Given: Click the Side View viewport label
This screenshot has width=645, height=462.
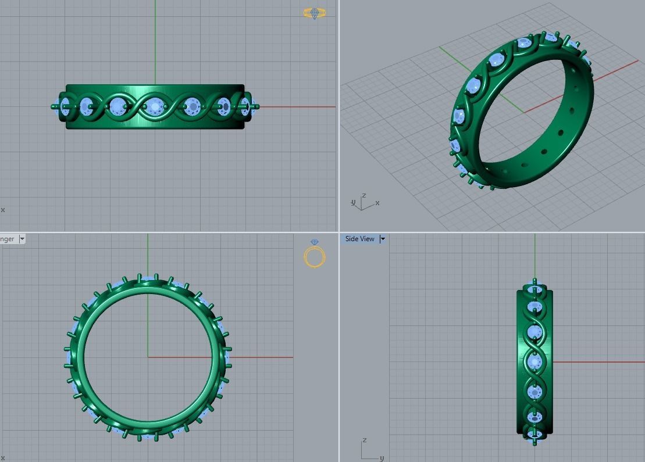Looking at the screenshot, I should [x=360, y=239].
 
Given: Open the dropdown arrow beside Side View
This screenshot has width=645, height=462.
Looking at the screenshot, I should [x=383, y=239].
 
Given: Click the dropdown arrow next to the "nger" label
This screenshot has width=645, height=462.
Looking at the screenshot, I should [x=22, y=239].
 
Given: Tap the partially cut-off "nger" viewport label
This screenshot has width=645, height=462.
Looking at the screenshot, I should [x=8, y=239].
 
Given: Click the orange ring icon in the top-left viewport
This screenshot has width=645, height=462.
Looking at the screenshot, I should [x=314, y=13].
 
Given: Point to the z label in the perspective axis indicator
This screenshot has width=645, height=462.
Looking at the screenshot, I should [x=364, y=196].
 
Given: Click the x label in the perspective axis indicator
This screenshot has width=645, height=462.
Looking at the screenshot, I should [x=377, y=203].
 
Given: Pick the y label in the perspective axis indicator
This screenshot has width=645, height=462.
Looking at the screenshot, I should [x=353, y=203].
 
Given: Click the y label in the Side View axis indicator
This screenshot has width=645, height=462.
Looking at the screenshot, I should [x=382, y=458].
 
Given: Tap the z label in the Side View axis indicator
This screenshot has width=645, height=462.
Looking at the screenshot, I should [x=364, y=440].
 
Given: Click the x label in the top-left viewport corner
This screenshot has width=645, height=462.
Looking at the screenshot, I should [x=3, y=210].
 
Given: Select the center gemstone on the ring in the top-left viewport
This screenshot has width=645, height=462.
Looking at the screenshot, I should [x=155, y=106].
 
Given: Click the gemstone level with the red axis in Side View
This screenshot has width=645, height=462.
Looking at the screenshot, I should [x=534, y=361].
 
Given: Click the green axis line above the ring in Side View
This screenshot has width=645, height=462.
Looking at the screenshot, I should [x=535, y=256].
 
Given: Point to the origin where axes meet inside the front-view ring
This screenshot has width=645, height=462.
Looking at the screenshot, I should [x=148, y=357].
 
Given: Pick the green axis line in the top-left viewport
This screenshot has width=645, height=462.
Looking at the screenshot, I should [x=155, y=41].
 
